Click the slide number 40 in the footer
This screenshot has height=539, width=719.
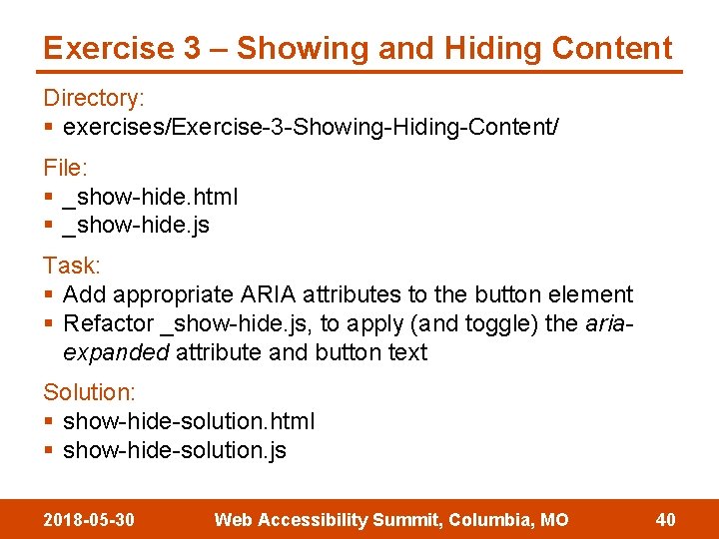[665, 520]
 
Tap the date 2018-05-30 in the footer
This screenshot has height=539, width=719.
[90, 520]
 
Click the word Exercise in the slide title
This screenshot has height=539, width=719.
[106, 48]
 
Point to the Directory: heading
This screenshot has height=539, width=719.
[94, 98]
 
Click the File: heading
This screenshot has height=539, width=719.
[65, 168]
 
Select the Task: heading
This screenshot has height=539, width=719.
[71, 266]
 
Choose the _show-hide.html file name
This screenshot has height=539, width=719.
[150, 197]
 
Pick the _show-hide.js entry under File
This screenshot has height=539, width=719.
[136, 225]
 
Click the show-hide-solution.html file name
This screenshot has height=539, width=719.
[189, 421]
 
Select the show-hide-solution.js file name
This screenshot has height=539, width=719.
[175, 450]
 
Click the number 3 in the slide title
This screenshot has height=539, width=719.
[192, 48]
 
